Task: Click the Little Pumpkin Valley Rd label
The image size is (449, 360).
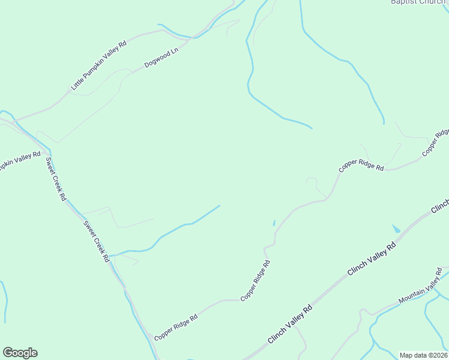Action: click(x=99, y=65)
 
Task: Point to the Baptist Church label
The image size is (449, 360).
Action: click(x=418, y=2)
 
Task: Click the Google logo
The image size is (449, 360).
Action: click(x=20, y=353)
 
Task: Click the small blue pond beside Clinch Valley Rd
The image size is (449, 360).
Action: click(x=396, y=229)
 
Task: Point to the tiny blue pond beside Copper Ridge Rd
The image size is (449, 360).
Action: click(x=274, y=223)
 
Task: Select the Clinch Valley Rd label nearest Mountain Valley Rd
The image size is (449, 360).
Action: click(x=372, y=259)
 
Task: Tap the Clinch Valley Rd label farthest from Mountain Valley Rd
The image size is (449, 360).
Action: click(x=291, y=324)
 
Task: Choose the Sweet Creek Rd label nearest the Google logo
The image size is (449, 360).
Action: click(x=97, y=241)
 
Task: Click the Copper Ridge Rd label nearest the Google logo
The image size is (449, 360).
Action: click(x=175, y=328)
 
